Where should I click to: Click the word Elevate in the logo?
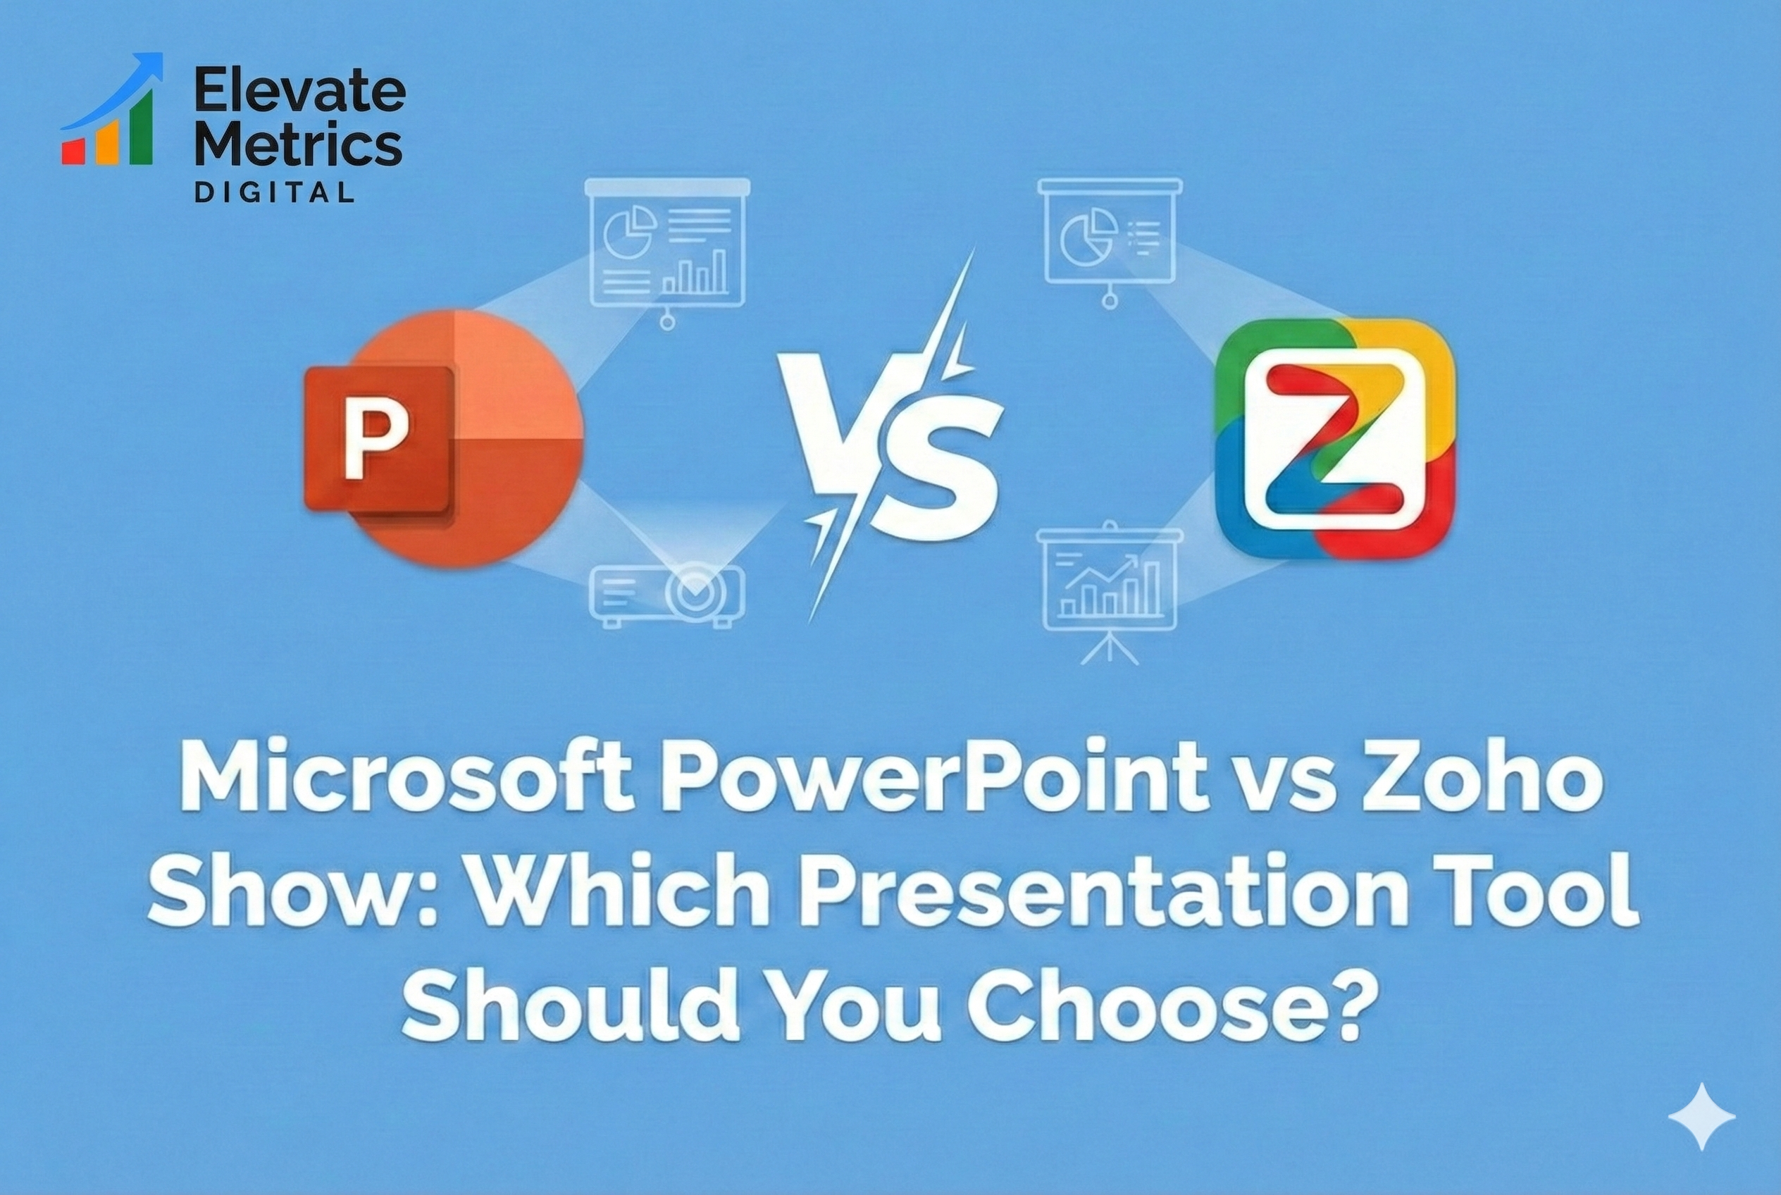point(299,91)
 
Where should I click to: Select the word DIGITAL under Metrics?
point(274,192)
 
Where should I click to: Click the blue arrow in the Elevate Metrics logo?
point(114,95)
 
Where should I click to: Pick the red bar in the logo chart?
point(74,151)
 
